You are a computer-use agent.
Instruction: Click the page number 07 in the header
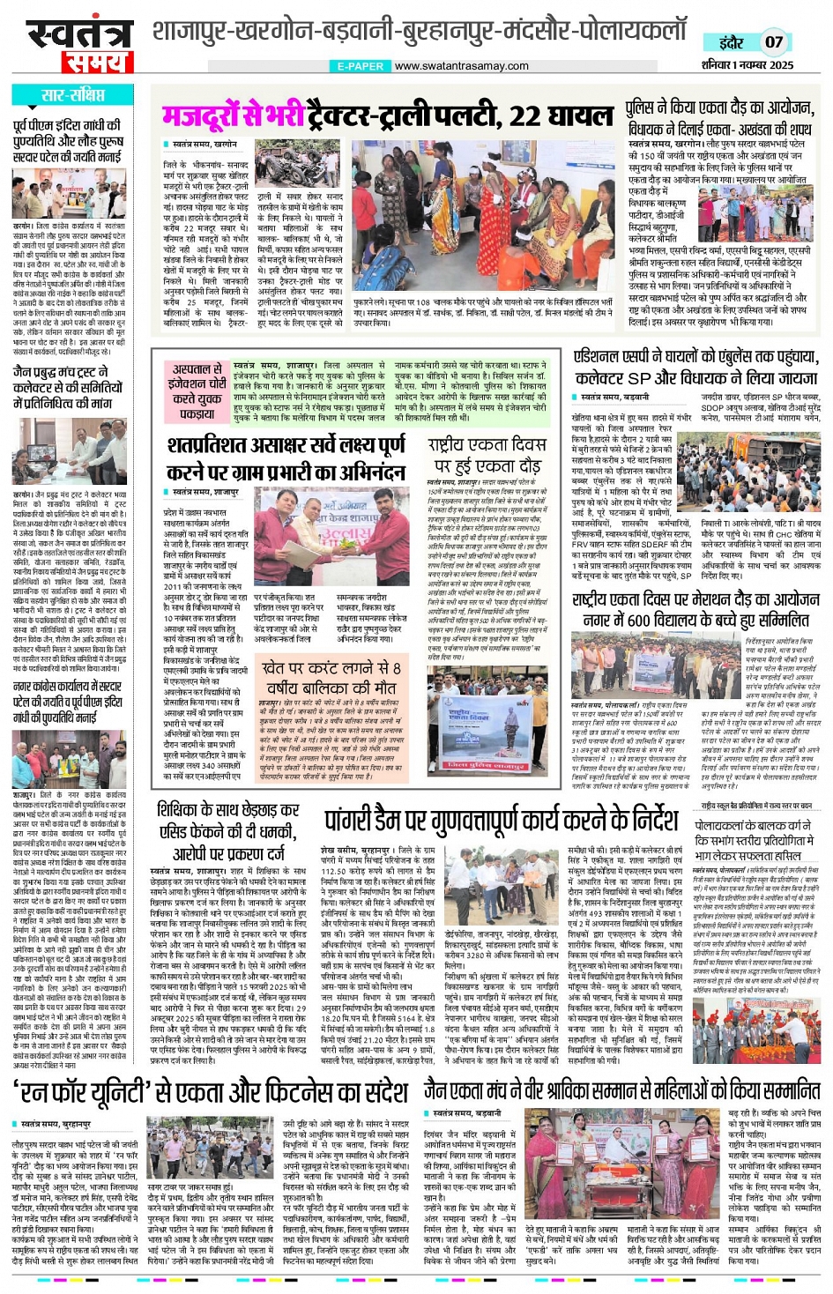pos(773,41)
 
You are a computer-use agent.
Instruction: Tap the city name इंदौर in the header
pos(731,42)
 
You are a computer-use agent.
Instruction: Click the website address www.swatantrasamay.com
pos(461,66)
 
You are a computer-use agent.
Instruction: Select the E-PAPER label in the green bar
pos(361,66)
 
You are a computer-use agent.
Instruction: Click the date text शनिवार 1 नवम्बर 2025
pos(747,65)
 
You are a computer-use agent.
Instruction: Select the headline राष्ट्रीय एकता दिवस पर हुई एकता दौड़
pos(487,455)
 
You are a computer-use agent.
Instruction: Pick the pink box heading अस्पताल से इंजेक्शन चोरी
pos(198,390)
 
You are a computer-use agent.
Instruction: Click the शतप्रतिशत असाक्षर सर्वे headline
pos(286,457)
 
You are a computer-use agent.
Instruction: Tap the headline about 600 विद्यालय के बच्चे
pos(695,609)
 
